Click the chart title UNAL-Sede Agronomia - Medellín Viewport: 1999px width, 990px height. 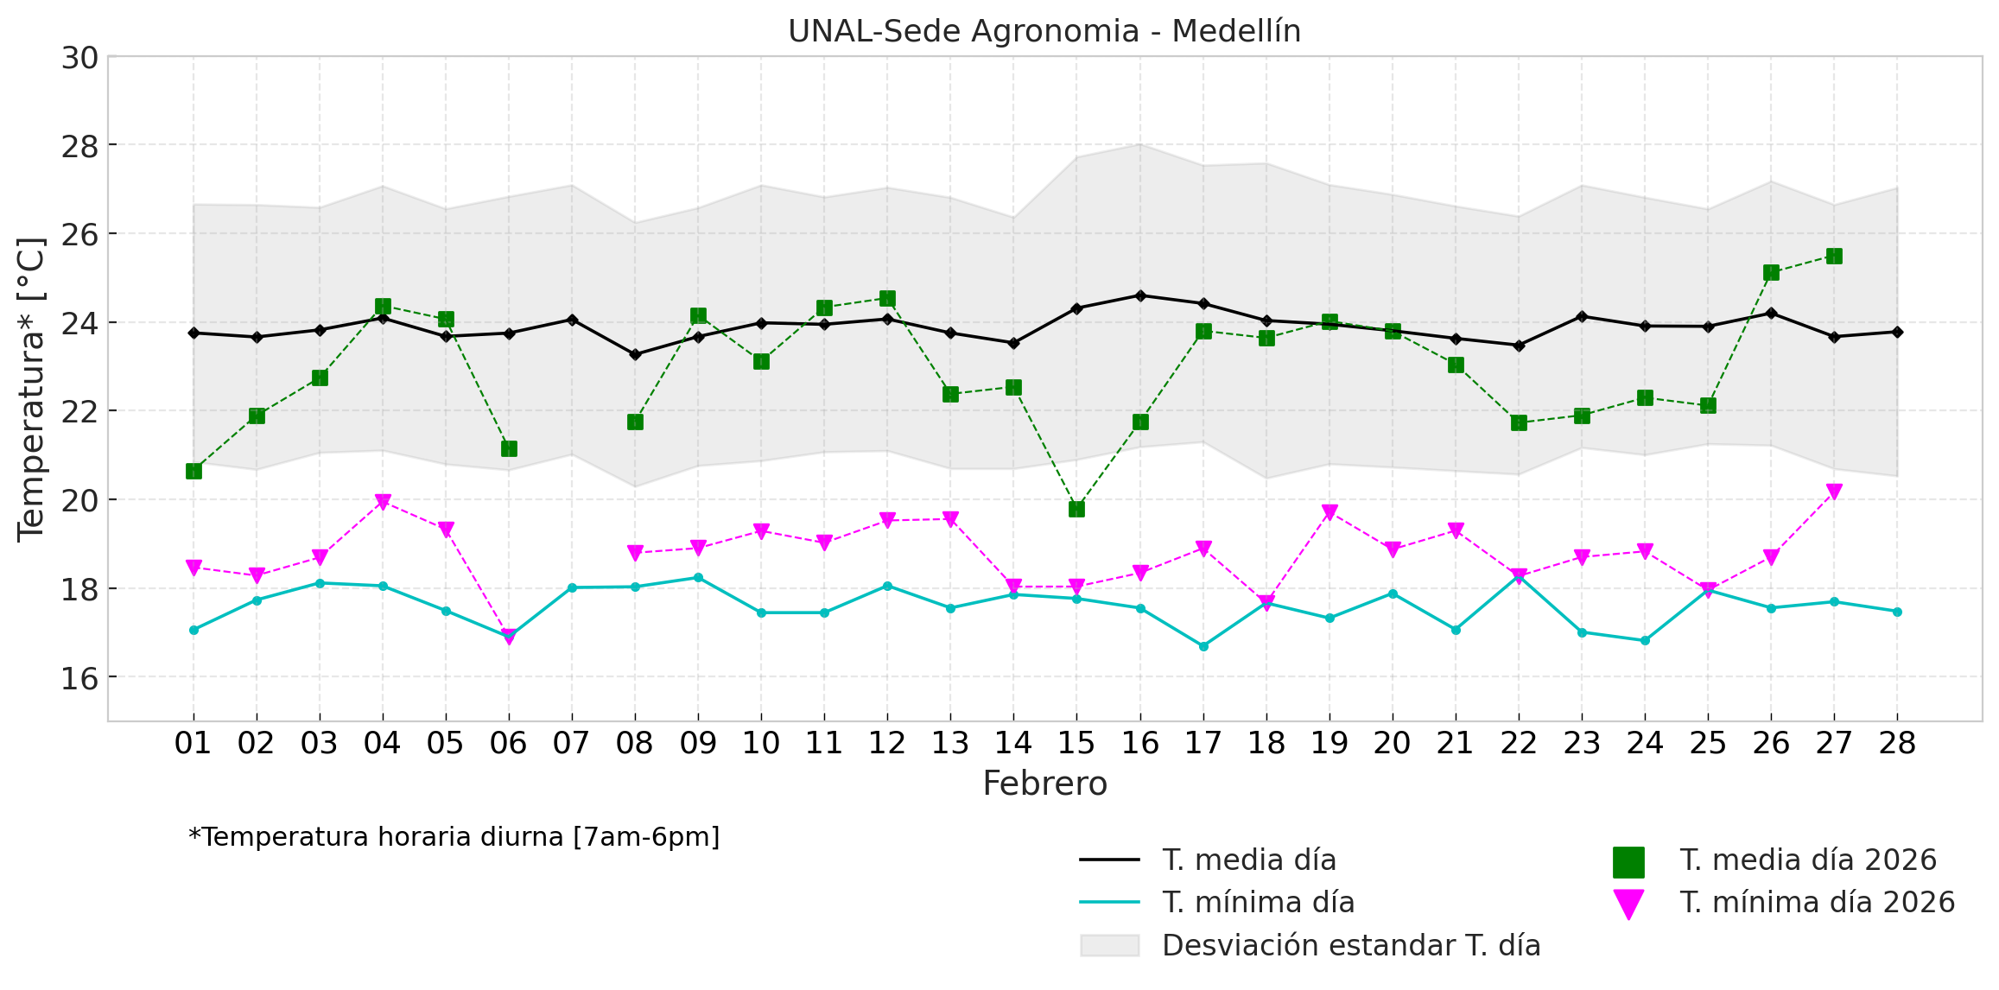[1044, 31]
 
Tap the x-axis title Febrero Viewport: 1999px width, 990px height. [1044, 784]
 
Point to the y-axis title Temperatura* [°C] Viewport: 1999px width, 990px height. [31, 389]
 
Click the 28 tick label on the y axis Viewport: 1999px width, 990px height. [79, 146]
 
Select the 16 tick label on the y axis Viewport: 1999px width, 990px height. [79, 678]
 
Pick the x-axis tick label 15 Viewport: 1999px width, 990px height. [1076, 743]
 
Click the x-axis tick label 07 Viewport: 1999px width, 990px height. [571, 743]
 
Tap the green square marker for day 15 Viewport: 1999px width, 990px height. [1076, 509]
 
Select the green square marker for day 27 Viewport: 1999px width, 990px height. [1834, 256]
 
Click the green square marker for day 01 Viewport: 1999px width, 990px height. [194, 471]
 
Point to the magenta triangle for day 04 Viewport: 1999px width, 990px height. [383, 501]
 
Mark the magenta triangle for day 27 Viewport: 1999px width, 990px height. [1834, 492]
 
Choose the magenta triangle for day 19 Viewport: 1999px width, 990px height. [1329, 512]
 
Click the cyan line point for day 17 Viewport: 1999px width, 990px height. [1203, 646]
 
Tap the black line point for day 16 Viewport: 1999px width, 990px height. [1140, 295]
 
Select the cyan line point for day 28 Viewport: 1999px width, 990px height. [1897, 612]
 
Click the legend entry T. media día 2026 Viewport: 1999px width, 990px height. [1807, 860]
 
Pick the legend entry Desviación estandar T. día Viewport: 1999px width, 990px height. [1350, 946]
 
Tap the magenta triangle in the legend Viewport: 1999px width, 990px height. [1628, 904]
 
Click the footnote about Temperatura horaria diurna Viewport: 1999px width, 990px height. [454, 837]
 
